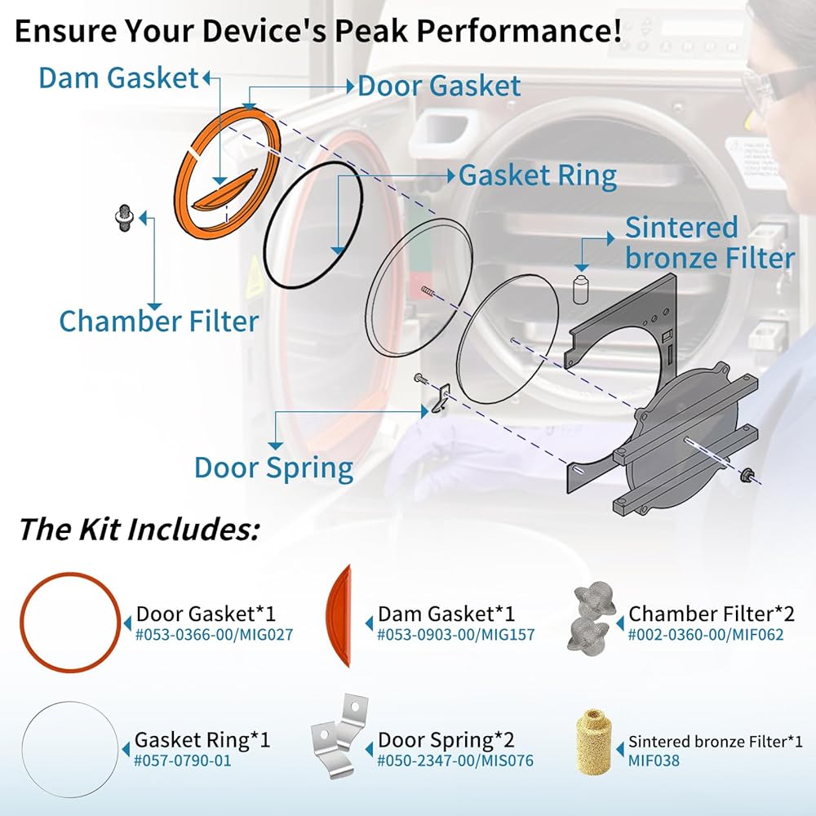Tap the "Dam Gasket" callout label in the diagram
tap(118, 78)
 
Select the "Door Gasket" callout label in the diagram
tap(439, 86)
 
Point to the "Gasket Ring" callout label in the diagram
tap(538, 175)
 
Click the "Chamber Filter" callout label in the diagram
tap(158, 321)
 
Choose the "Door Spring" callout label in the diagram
tap(273, 468)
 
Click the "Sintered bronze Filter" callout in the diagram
tap(709, 242)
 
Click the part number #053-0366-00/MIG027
tap(214, 634)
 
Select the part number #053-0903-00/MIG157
tap(455, 634)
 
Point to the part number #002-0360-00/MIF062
tap(706, 634)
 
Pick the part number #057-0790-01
tap(184, 761)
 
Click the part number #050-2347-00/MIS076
tap(455, 761)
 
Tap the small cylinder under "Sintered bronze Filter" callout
tap(580, 289)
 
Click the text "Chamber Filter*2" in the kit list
tap(711, 614)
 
